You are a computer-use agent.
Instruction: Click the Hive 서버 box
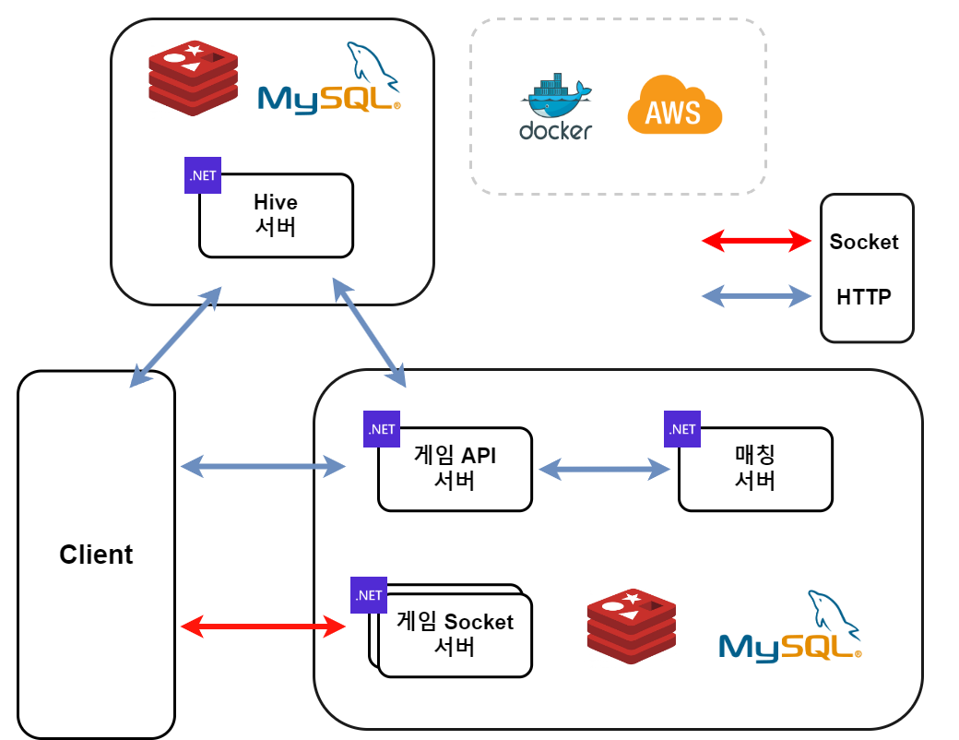(x=276, y=215)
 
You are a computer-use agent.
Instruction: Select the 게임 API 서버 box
(x=455, y=469)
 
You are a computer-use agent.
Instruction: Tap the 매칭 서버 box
(x=755, y=469)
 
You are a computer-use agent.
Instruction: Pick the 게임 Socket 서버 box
(x=455, y=634)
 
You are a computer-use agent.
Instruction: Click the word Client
(x=96, y=555)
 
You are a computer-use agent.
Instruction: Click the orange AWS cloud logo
(x=674, y=106)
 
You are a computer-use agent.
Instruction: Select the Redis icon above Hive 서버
(x=193, y=78)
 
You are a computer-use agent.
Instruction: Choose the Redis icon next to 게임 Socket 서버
(x=632, y=626)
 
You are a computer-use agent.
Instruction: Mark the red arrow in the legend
(x=756, y=242)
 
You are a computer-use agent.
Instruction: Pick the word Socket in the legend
(x=864, y=242)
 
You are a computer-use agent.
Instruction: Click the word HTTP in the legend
(x=864, y=297)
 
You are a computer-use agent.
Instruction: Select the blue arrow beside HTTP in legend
(x=756, y=296)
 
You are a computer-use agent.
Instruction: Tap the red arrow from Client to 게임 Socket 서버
(x=263, y=628)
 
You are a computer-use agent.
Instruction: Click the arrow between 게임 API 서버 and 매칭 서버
(x=605, y=470)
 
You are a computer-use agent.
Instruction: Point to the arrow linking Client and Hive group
(x=177, y=337)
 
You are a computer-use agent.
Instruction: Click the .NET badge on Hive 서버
(x=203, y=175)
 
